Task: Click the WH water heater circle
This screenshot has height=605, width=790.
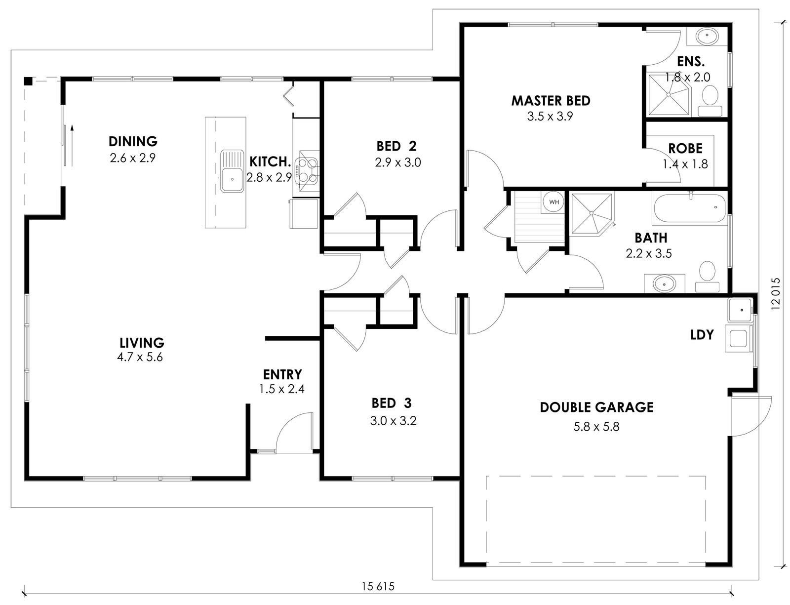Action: (x=553, y=202)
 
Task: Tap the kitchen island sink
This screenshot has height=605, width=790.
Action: (x=232, y=171)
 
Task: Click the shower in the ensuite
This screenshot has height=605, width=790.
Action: (x=669, y=94)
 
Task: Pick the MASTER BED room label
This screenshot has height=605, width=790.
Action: (x=551, y=101)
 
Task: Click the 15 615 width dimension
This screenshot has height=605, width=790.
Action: (x=378, y=586)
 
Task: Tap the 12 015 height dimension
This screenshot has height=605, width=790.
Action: (x=775, y=294)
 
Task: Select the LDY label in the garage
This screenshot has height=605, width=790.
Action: (x=702, y=334)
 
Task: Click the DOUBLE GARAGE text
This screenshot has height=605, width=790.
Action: (x=596, y=407)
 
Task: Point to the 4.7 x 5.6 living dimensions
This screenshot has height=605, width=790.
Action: (x=140, y=357)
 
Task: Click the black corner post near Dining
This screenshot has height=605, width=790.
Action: (x=28, y=81)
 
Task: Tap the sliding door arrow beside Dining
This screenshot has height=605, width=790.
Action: (x=73, y=145)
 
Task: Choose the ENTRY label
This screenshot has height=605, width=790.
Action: (x=282, y=374)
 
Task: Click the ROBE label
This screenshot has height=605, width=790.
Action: (x=685, y=148)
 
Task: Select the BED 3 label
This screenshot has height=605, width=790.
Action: (x=392, y=403)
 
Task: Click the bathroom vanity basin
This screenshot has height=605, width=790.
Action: (x=664, y=283)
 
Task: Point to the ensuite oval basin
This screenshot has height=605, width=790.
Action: (x=707, y=36)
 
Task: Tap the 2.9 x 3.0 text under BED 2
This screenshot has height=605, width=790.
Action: (x=398, y=162)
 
